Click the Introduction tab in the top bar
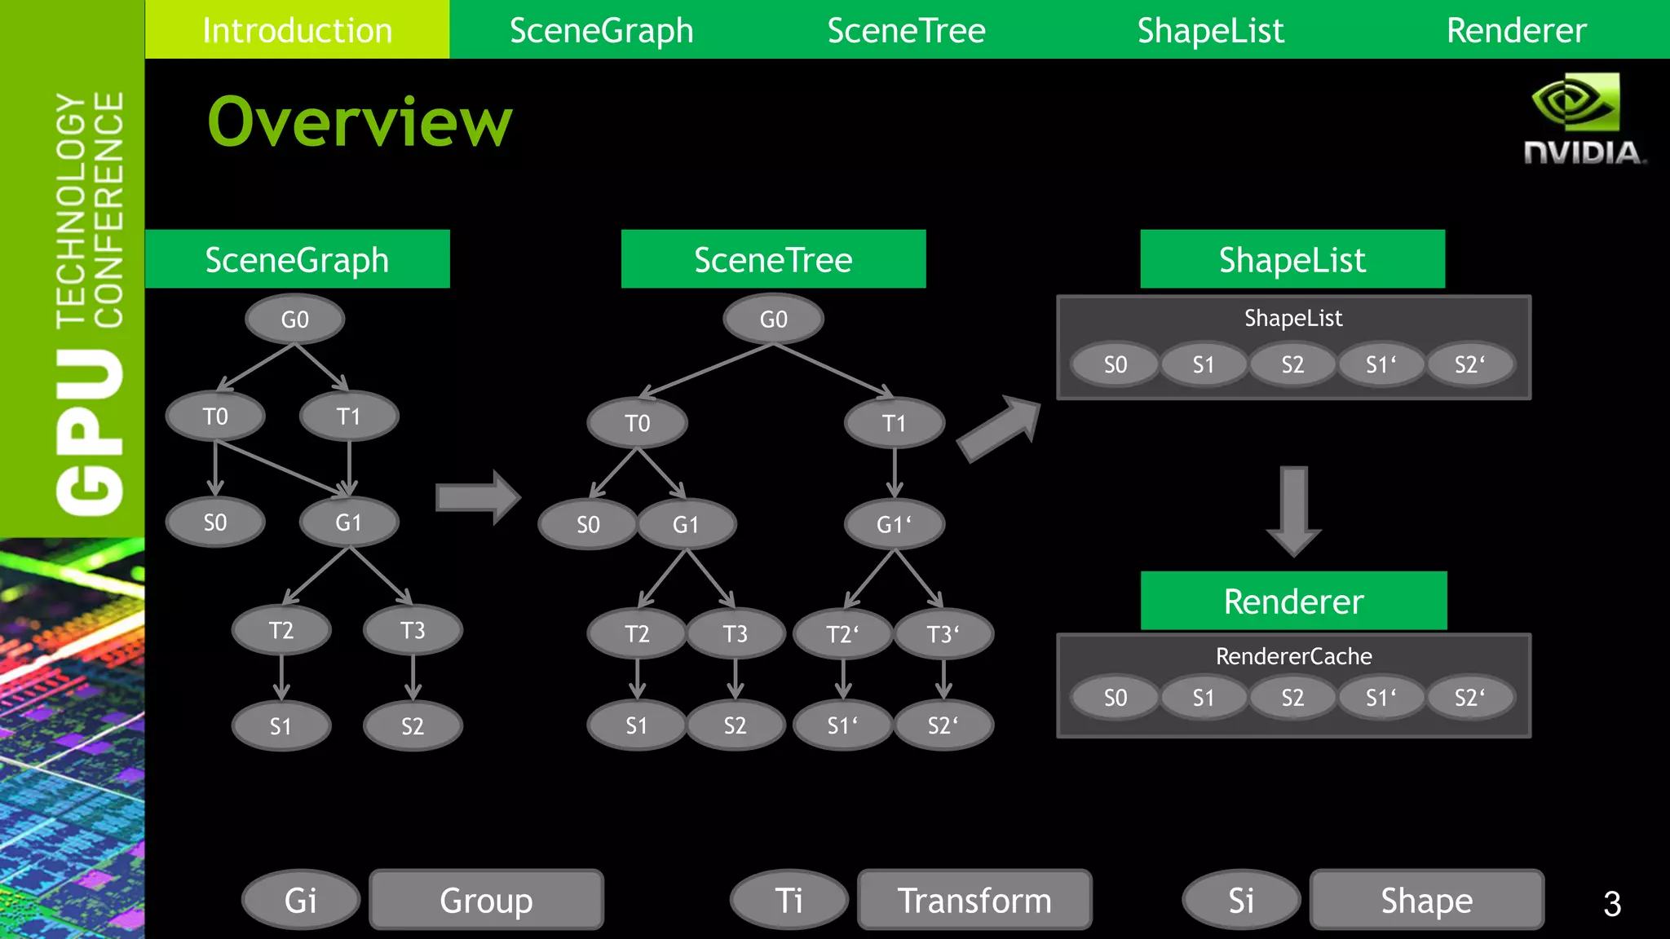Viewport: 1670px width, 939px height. [297, 30]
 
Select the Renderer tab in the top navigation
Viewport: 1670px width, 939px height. [1516, 30]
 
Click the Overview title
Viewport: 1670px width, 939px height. [360, 122]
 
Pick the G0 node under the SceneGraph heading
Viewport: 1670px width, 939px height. [294, 320]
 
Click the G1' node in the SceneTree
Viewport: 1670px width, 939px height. [894, 524]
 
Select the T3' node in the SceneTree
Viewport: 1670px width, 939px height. [943, 633]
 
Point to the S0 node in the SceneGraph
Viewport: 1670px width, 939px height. [214, 522]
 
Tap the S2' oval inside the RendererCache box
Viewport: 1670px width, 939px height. [1469, 698]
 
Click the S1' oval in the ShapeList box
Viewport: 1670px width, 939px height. [1381, 364]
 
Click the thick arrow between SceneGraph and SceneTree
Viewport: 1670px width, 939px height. [478, 497]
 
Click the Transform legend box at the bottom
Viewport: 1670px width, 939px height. [974, 900]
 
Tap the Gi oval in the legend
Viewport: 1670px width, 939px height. [300, 900]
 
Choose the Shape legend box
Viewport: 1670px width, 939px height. [1426, 900]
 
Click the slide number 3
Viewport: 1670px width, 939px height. [1611, 904]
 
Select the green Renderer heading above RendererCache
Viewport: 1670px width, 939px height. [1293, 601]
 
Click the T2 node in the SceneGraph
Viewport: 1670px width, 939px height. [281, 630]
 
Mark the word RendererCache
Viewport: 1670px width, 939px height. [1293, 656]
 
